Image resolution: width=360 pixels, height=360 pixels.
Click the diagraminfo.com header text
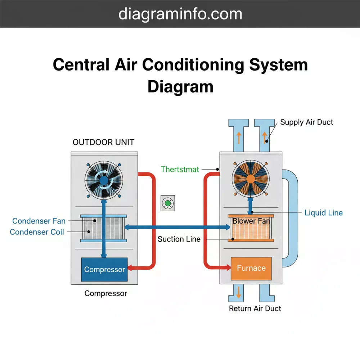coord(180,14)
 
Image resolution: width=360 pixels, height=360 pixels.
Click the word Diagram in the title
coord(180,87)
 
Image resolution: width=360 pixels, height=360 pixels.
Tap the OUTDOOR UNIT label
coord(103,142)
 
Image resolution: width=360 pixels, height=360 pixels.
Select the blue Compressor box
coord(104,269)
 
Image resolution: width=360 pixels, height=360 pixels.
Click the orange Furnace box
coord(251,268)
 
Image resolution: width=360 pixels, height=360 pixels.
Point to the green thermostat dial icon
coord(167,204)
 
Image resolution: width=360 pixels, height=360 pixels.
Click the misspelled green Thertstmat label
coord(180,169)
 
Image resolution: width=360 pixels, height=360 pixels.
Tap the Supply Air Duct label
coord(306,122)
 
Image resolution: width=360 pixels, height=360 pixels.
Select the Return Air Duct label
coord(255,309)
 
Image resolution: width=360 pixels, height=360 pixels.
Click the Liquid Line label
coord(323,213)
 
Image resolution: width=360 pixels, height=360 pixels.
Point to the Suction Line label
coord(179,239)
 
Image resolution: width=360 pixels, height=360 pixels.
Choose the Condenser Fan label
coord(39,221)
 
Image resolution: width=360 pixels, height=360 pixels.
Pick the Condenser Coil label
coord(37,232)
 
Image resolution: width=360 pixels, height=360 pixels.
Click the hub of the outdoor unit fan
coord(104,180)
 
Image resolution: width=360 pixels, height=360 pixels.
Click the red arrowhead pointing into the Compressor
coord(131,268)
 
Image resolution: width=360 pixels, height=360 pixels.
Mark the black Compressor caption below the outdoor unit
coord(105,293)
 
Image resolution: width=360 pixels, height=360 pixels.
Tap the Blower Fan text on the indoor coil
coord(251,221)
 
